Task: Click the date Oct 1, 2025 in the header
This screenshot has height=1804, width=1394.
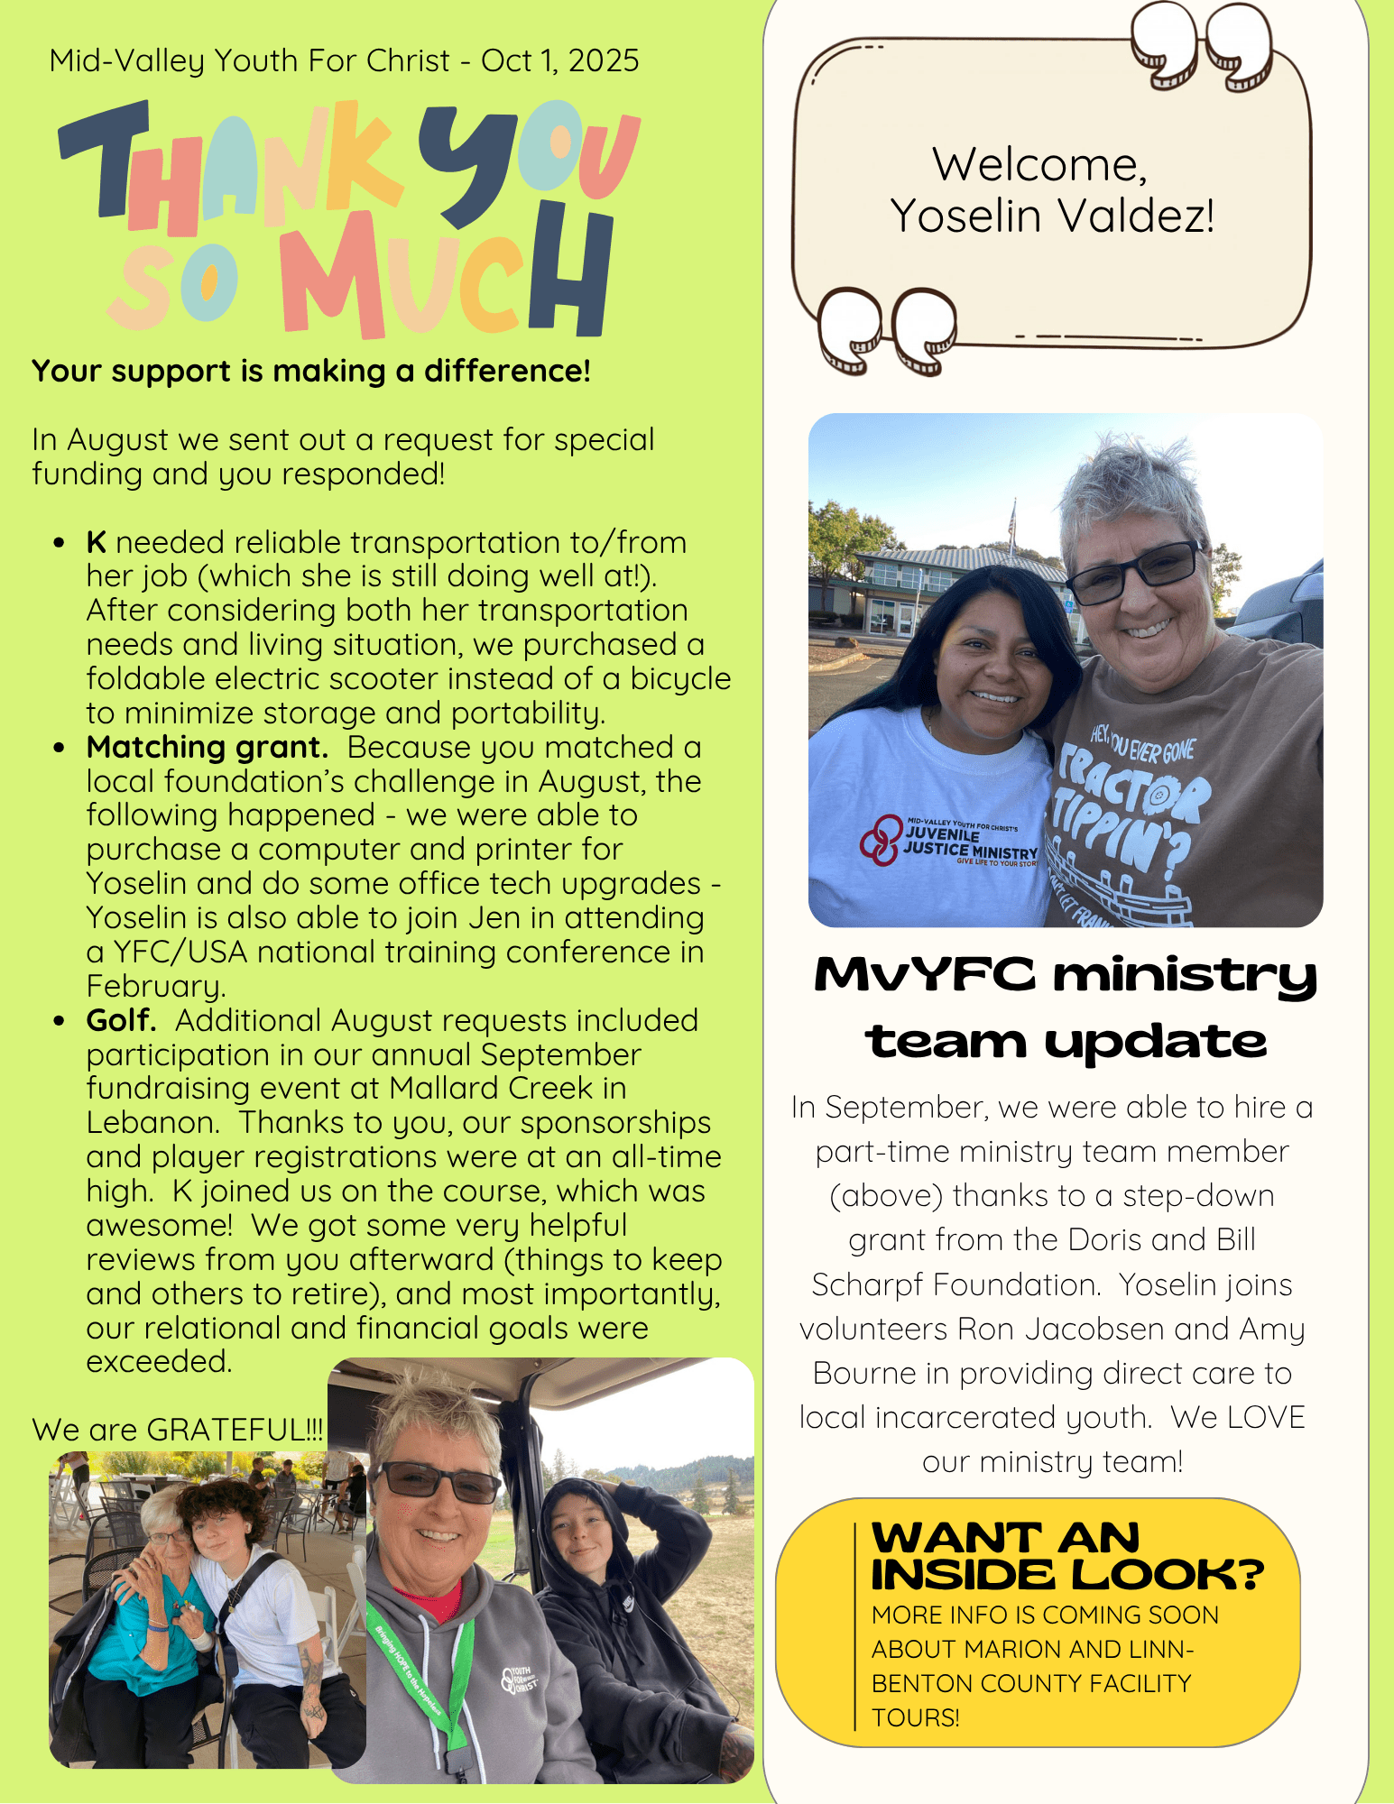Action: coord(559,61)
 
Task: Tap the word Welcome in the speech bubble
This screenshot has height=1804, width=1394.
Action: coord(1039,165)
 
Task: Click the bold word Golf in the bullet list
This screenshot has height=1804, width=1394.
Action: coord(120,1020)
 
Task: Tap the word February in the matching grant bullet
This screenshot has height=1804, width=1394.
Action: coord(154,986)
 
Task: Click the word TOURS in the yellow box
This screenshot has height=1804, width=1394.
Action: coord(913,1717)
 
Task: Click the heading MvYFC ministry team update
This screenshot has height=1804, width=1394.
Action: coord(1065,1008)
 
